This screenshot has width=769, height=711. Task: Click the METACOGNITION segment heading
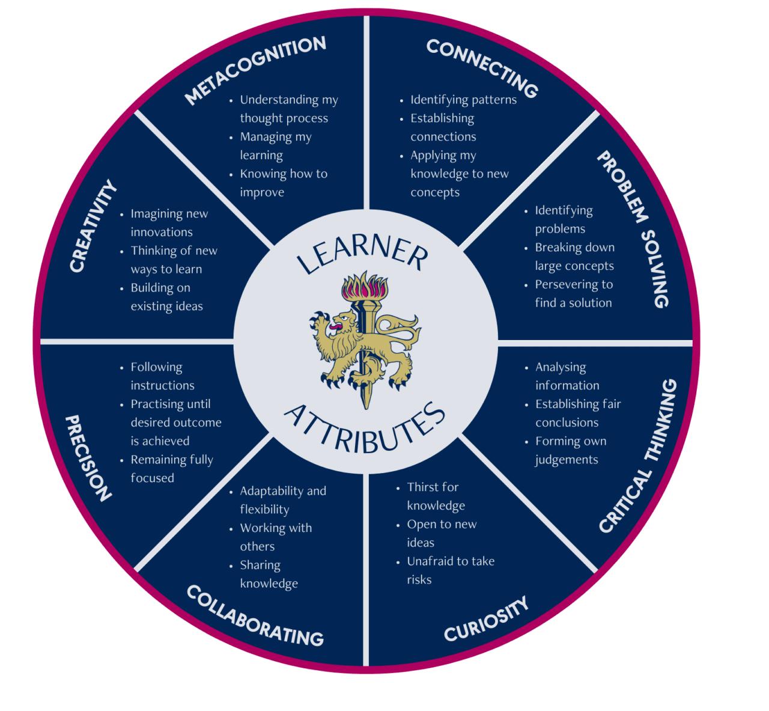tap(255, 70)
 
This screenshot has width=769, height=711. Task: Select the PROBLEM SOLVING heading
tap(633, 228)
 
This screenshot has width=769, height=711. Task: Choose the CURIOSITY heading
tap(486, 618)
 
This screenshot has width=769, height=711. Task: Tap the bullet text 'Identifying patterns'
tap(463, 100)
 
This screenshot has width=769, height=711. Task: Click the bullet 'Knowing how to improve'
tap(283, 183)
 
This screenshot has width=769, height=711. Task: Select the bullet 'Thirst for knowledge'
tap(436, 496)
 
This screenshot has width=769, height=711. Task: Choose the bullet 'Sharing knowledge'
tap(269, 574)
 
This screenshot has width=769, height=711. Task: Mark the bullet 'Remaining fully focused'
tap(171, 469)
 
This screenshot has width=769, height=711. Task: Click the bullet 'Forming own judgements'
tap(570, 450)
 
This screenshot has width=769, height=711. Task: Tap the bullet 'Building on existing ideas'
tap(166, 297)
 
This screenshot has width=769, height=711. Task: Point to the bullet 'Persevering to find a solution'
tap(573, 293)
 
